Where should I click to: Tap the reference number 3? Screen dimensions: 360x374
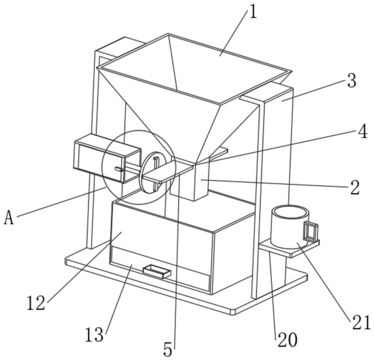(x=351, y=81)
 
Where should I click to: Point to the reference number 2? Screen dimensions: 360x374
(x=355, y=187)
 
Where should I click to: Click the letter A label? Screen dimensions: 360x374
(x=9, y=218)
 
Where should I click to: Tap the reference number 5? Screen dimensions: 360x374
(x=168, y=349)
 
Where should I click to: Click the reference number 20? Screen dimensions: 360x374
(x=287, y=340)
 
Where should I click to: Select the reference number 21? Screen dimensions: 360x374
(x=361, y=323)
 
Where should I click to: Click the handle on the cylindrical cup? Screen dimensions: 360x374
(x=310, y=232)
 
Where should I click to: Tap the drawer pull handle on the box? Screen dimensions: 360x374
(x=156, y=271)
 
